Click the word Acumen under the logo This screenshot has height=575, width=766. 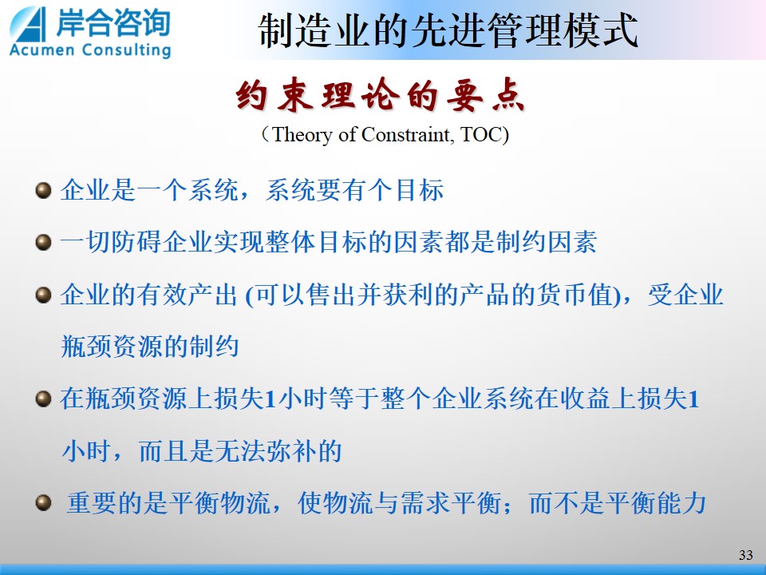tap(41, 50)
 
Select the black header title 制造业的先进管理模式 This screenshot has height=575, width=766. tap(448, 30)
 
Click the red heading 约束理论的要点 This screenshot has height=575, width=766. tap(381, 94)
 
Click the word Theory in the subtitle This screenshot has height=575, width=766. tap(302, 134)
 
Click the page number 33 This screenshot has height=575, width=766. tap(746, 554)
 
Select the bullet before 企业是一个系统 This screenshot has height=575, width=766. tap(43, 190)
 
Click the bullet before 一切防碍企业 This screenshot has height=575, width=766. tap(43, 242)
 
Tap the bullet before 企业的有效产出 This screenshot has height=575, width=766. tap(43, 295)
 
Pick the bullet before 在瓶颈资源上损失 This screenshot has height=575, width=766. tap(43, 399)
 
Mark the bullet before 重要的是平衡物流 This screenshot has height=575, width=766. tap(43, 502)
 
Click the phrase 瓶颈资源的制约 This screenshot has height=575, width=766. tap(149, 347)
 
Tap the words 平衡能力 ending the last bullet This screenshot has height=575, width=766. tap(656, 502)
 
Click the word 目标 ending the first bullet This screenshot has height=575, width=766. tap(420, 190)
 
